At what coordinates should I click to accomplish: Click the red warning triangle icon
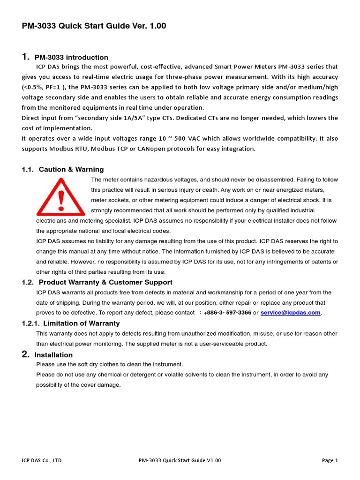pos(60,197)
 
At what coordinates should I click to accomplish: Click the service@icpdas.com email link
pos(291,313)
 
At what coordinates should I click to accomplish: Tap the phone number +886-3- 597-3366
pos(227,313)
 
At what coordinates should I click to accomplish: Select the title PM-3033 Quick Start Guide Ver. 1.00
pos(94,26)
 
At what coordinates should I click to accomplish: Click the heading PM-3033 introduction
pos(71,58)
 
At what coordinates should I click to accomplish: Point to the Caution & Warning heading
pos(71,170)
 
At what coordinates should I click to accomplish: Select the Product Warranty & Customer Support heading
pos(105,282)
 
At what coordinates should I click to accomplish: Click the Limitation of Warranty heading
pos(81,323)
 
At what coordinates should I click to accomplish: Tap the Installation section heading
pos(53,355)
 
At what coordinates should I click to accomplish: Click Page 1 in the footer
pos(330,460)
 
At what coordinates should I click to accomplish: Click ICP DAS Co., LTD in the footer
pos(42,460)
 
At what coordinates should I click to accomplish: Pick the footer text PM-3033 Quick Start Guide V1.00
pos(180,460)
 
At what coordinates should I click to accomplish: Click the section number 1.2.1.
pos(31,323)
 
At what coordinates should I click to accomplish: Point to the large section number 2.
pos(26,354)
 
